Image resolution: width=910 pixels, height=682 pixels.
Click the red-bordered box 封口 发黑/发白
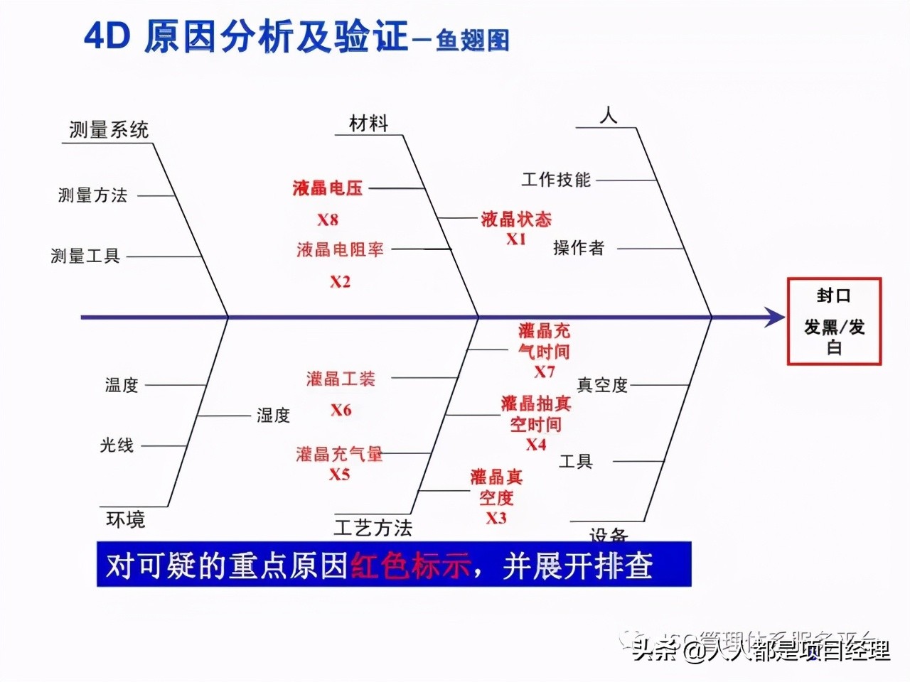pos(834,321)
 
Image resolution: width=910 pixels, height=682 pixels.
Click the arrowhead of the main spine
pos(776,317)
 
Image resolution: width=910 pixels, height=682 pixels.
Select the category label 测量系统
pos(109,130)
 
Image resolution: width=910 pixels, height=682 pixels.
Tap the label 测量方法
pos(92,195)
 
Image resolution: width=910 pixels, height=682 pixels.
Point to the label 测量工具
pos(85,256)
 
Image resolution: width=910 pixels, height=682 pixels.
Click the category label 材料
pos(368,124)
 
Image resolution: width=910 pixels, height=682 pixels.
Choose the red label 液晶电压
pos(328,188)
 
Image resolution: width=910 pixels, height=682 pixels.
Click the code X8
pos(328,220)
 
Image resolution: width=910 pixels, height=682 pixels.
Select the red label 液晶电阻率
pos(340,250)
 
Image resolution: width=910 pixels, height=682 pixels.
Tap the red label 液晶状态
pos(516,219)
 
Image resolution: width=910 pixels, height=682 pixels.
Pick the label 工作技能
pos(556,180)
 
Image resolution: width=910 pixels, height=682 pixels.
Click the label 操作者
pos(579,248)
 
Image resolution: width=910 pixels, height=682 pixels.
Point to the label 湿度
pos(274,416)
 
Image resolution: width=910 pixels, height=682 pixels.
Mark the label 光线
pos(117,445)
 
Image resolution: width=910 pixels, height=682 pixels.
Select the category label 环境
pos(126,520)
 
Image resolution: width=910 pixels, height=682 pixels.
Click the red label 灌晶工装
pos(341,379)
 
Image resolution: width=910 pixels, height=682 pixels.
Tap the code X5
pos(340,474)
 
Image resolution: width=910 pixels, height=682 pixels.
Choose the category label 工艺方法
pos(373,528)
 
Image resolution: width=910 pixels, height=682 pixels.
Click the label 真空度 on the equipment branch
pos(602,385)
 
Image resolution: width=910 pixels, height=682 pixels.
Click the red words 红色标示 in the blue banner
pos(410,566)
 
